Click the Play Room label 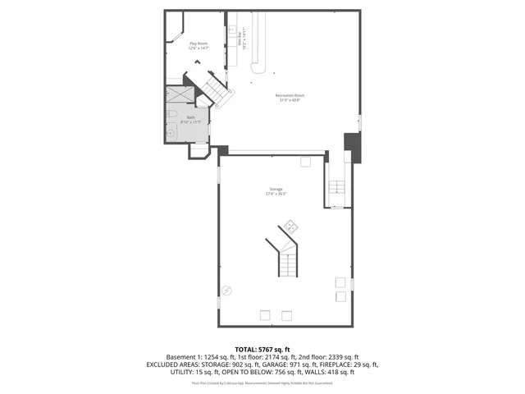click(199, 43)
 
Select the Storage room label click(275, 190)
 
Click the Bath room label click(190, 117)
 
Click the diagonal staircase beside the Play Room click(215, 89)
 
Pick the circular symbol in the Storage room click(227, 289)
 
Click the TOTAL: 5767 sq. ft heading click(262, 350)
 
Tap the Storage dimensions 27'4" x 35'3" click(275, 195)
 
